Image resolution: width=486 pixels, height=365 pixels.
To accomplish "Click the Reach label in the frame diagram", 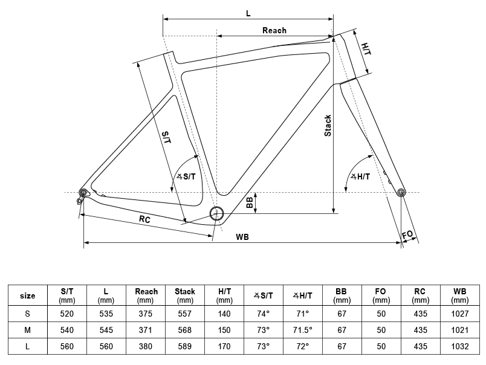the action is pyautogui.click(x=274, y=30).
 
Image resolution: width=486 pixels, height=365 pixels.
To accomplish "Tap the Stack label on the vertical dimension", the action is pyautogui.click(x=328, y=126).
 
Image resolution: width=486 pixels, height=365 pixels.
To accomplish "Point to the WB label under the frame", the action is pyautogui.click(x=242, y=237).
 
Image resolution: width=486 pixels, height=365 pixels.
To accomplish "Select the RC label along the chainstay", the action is pyautogui.click(x=144, y=219).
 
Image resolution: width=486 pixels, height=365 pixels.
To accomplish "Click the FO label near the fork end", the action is pyautogui.click(x=407, y=234).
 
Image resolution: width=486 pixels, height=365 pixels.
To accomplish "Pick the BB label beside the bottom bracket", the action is pyautogui.click(x=250, y=202).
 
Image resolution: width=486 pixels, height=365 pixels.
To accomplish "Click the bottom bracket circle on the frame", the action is pyautogui.click(x=216, y=213).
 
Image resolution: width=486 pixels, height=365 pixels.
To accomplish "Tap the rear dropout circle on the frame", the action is pyautogui.click(x=83, y=192).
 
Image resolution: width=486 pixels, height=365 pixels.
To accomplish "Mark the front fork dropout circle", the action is pyautogui.click(x=401, y=192).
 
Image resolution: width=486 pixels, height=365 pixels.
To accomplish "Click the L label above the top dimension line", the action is pyautogui.click(x=248, y=13).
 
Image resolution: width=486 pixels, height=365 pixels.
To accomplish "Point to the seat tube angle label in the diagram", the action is pyautogui.click(x=186, y=176).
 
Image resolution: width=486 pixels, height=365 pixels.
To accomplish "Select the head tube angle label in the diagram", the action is pyautogui.click(x=360, y=176).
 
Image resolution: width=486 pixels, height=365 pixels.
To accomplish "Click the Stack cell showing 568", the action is pyautogui.click(x=185, y=330).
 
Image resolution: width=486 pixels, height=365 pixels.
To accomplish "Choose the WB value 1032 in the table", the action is pyautogui.click(x=459, y=346).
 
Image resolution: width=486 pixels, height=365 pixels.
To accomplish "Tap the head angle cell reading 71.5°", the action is pyautogui.click(x=302, y=330).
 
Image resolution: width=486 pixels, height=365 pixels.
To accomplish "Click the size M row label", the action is pyautogui.click(x=28, y=330).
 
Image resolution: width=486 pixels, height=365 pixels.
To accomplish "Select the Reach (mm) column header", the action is pyautogui.click(x=146, y=296).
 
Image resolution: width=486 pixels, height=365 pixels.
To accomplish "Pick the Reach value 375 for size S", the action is pyautogui.click(x=145, y=314).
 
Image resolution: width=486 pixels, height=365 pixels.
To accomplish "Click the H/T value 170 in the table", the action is pyautogui.click(x=224, y=346).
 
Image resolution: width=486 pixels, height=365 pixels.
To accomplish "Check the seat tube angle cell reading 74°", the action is pyautogui.click(x=263, y=314).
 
